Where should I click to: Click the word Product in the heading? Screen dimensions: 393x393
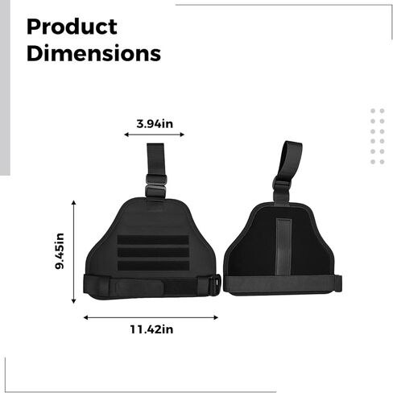click(x=72, y=27)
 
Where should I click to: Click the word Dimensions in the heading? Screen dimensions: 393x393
click(x=93, y=53)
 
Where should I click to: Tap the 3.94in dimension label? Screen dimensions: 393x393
click(x=155, y=124)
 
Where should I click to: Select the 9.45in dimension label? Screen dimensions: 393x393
click(x=60, y=251)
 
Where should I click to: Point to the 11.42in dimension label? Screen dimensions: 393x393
click(x=151, y=329)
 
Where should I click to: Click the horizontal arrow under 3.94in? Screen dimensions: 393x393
click(x=154, y=134)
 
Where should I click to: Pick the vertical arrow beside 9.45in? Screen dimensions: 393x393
click(x=74, y=252)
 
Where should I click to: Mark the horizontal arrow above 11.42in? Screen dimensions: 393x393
click(x=151, y=317)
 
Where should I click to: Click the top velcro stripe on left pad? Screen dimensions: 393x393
click(x=153, y=240)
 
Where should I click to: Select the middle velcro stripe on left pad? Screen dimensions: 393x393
click(x=153, y=252)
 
